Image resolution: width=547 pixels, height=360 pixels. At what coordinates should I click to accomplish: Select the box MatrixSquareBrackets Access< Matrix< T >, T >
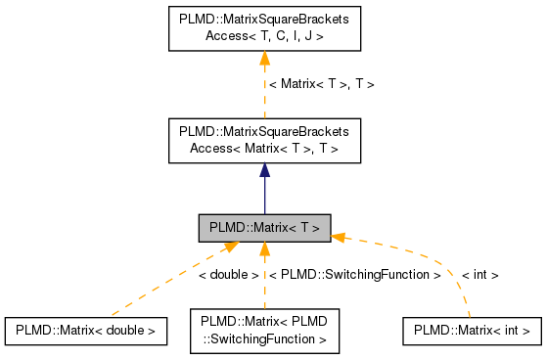click(264, 140)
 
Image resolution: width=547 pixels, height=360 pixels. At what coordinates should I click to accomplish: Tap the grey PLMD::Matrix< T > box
click(264, 228)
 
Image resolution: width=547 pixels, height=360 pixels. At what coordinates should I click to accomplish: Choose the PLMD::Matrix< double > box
click(84, 331)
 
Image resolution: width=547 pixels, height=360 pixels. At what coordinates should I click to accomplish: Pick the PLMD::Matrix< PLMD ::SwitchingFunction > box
click(264, 331)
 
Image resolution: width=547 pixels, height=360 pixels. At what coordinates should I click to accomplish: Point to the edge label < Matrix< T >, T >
click(321, 84)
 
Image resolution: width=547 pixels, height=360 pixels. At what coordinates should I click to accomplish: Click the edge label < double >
click(228, 275)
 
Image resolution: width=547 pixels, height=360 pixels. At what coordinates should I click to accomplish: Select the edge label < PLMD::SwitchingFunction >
click(354, 275)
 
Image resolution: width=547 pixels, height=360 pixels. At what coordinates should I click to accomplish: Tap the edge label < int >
click(479, 275)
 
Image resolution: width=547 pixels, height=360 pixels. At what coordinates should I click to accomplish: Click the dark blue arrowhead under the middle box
click(264, 170)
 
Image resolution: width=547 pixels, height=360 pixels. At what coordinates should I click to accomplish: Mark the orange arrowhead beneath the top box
click(264, 60)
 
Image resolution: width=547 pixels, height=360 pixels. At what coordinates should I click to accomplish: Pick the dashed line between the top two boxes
click(264, 98)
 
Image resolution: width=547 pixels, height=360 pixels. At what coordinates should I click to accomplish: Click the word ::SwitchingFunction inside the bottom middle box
click(264, 339)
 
